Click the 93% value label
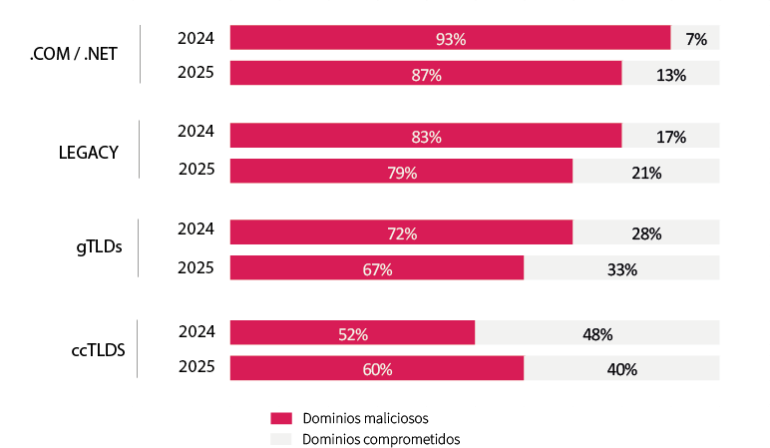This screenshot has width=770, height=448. click(451, 39)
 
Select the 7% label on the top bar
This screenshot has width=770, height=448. click(696, 39)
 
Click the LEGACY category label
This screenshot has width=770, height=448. click(89, 153)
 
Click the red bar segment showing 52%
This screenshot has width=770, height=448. click(352, 334)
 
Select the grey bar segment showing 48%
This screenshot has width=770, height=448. click(596, 334)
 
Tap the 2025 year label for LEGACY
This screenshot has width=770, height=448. click(195, 169)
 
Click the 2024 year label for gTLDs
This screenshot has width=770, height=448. click(195, 228)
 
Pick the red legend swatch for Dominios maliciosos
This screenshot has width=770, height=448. click(281, 418)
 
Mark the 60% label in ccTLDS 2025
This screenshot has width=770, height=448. click(377, 369)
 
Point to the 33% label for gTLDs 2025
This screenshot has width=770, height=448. click(621, 269)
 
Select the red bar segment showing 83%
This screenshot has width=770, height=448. click(426, 137)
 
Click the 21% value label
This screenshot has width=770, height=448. click(646, 173)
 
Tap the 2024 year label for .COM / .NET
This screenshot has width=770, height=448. click(195, 38)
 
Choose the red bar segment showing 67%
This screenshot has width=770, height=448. click(377, 269)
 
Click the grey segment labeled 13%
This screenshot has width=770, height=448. click(670, 74)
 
